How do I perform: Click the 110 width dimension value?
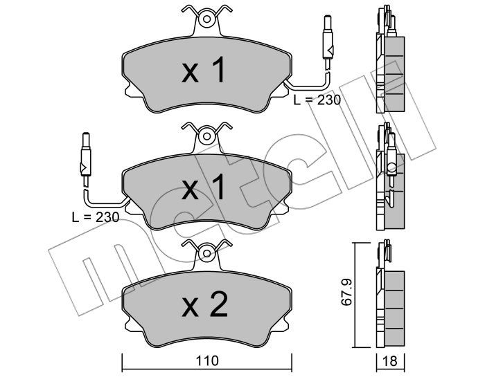207,360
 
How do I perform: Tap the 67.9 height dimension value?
346,292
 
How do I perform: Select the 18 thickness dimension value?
390,361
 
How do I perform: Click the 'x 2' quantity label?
204,304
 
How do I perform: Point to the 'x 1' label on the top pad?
203,70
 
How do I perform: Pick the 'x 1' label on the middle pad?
203,187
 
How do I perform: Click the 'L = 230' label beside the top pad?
317,100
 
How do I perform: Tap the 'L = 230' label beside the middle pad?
96,217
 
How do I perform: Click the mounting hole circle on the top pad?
207,19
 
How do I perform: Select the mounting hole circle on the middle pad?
207,136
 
